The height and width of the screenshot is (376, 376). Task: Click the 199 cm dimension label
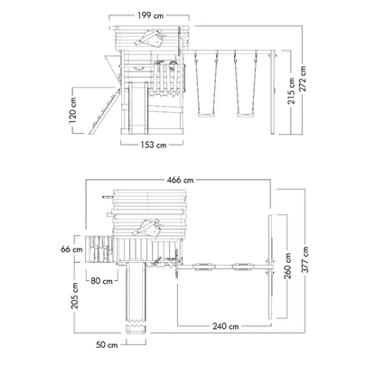click(150, 15)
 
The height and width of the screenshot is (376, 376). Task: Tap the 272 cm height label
click(302, 79)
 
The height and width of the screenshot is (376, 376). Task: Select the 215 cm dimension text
click(291, 91)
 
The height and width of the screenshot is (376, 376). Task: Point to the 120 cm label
click(73, 110)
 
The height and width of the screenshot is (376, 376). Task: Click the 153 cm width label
click(154, 145)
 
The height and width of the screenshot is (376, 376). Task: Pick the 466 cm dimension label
click(180, 180)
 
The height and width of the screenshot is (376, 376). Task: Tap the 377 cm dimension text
click(305, 259)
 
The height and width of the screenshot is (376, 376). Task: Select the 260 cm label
click(287, 266)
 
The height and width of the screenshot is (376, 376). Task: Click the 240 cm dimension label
click(226, 326)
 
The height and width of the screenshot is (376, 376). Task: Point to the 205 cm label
click(74, 296)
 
